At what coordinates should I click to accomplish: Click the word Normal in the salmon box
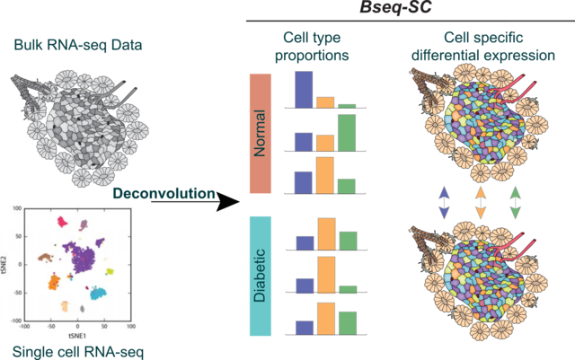(261, 133)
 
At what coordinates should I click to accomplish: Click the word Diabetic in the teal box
(261, 281)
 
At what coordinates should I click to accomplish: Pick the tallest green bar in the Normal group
(347, 132)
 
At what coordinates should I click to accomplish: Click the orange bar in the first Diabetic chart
(325, 233)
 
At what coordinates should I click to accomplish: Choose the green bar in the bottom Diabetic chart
(348, 321)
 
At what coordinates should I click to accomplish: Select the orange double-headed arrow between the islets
(481, 203)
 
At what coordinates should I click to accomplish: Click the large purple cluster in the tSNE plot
(84, 255)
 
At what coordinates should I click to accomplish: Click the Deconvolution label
(164, 193)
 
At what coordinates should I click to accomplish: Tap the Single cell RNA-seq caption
(66, 351)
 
